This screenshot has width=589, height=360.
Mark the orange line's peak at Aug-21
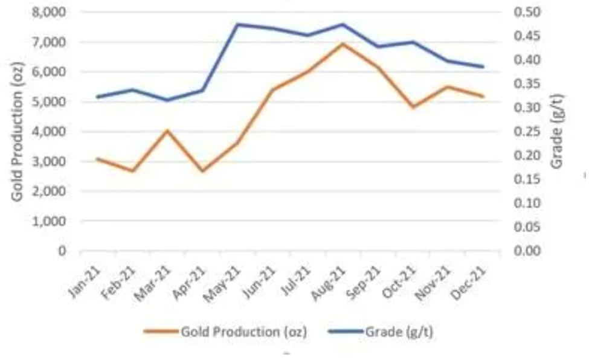(343, 43)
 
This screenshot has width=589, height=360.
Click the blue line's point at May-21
(238, 24)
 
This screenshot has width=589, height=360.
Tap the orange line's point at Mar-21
(168, 130)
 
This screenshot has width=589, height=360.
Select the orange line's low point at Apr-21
(203, 171)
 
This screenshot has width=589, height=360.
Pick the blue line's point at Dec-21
(483, 66)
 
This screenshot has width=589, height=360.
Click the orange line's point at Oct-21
(413, 107)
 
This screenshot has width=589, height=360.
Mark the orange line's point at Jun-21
(273, 90)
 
